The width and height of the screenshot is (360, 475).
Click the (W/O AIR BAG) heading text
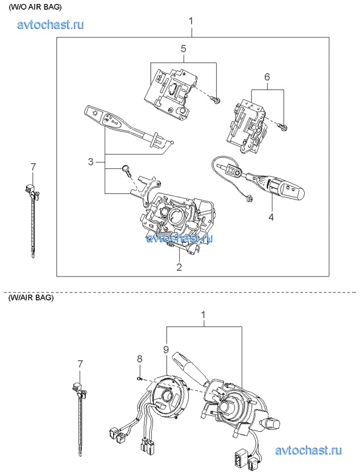click(35, 6)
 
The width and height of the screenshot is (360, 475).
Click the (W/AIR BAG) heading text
click(31, 298)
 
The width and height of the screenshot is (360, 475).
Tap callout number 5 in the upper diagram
click(184, 49)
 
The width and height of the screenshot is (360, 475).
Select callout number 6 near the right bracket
click(267, 76)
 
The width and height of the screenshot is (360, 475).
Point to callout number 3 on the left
click(90, 162)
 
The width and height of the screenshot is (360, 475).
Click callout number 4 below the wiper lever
click(271, 216)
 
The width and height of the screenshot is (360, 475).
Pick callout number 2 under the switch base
click(179, 266)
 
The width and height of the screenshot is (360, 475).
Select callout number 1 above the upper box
click(191, 21)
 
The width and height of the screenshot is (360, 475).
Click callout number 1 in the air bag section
click(204, 315)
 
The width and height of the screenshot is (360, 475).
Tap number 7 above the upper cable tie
click(33, 167)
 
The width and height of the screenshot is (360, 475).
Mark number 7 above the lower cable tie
click(80, 364)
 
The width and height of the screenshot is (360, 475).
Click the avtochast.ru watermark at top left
click(51, 24)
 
